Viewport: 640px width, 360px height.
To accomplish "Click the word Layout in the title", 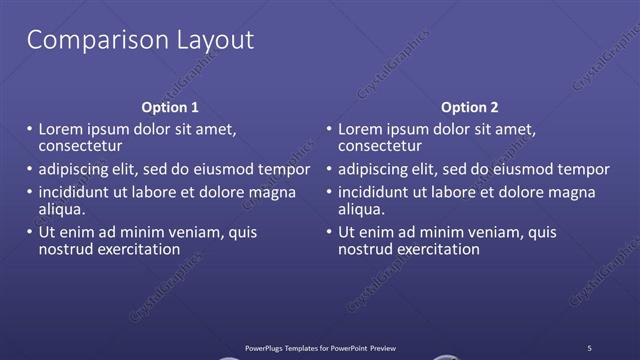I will pos(211,41).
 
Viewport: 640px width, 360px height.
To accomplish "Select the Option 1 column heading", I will pos(170,107).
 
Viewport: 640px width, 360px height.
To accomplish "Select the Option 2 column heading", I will pos(469,107).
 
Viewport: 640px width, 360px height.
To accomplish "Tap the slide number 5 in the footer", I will pos(589,347).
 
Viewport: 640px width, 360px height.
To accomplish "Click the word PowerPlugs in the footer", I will pos(267,347).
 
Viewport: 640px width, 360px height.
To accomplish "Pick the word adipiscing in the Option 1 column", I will pos(73,169).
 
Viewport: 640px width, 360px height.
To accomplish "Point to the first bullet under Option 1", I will pos(29,130).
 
